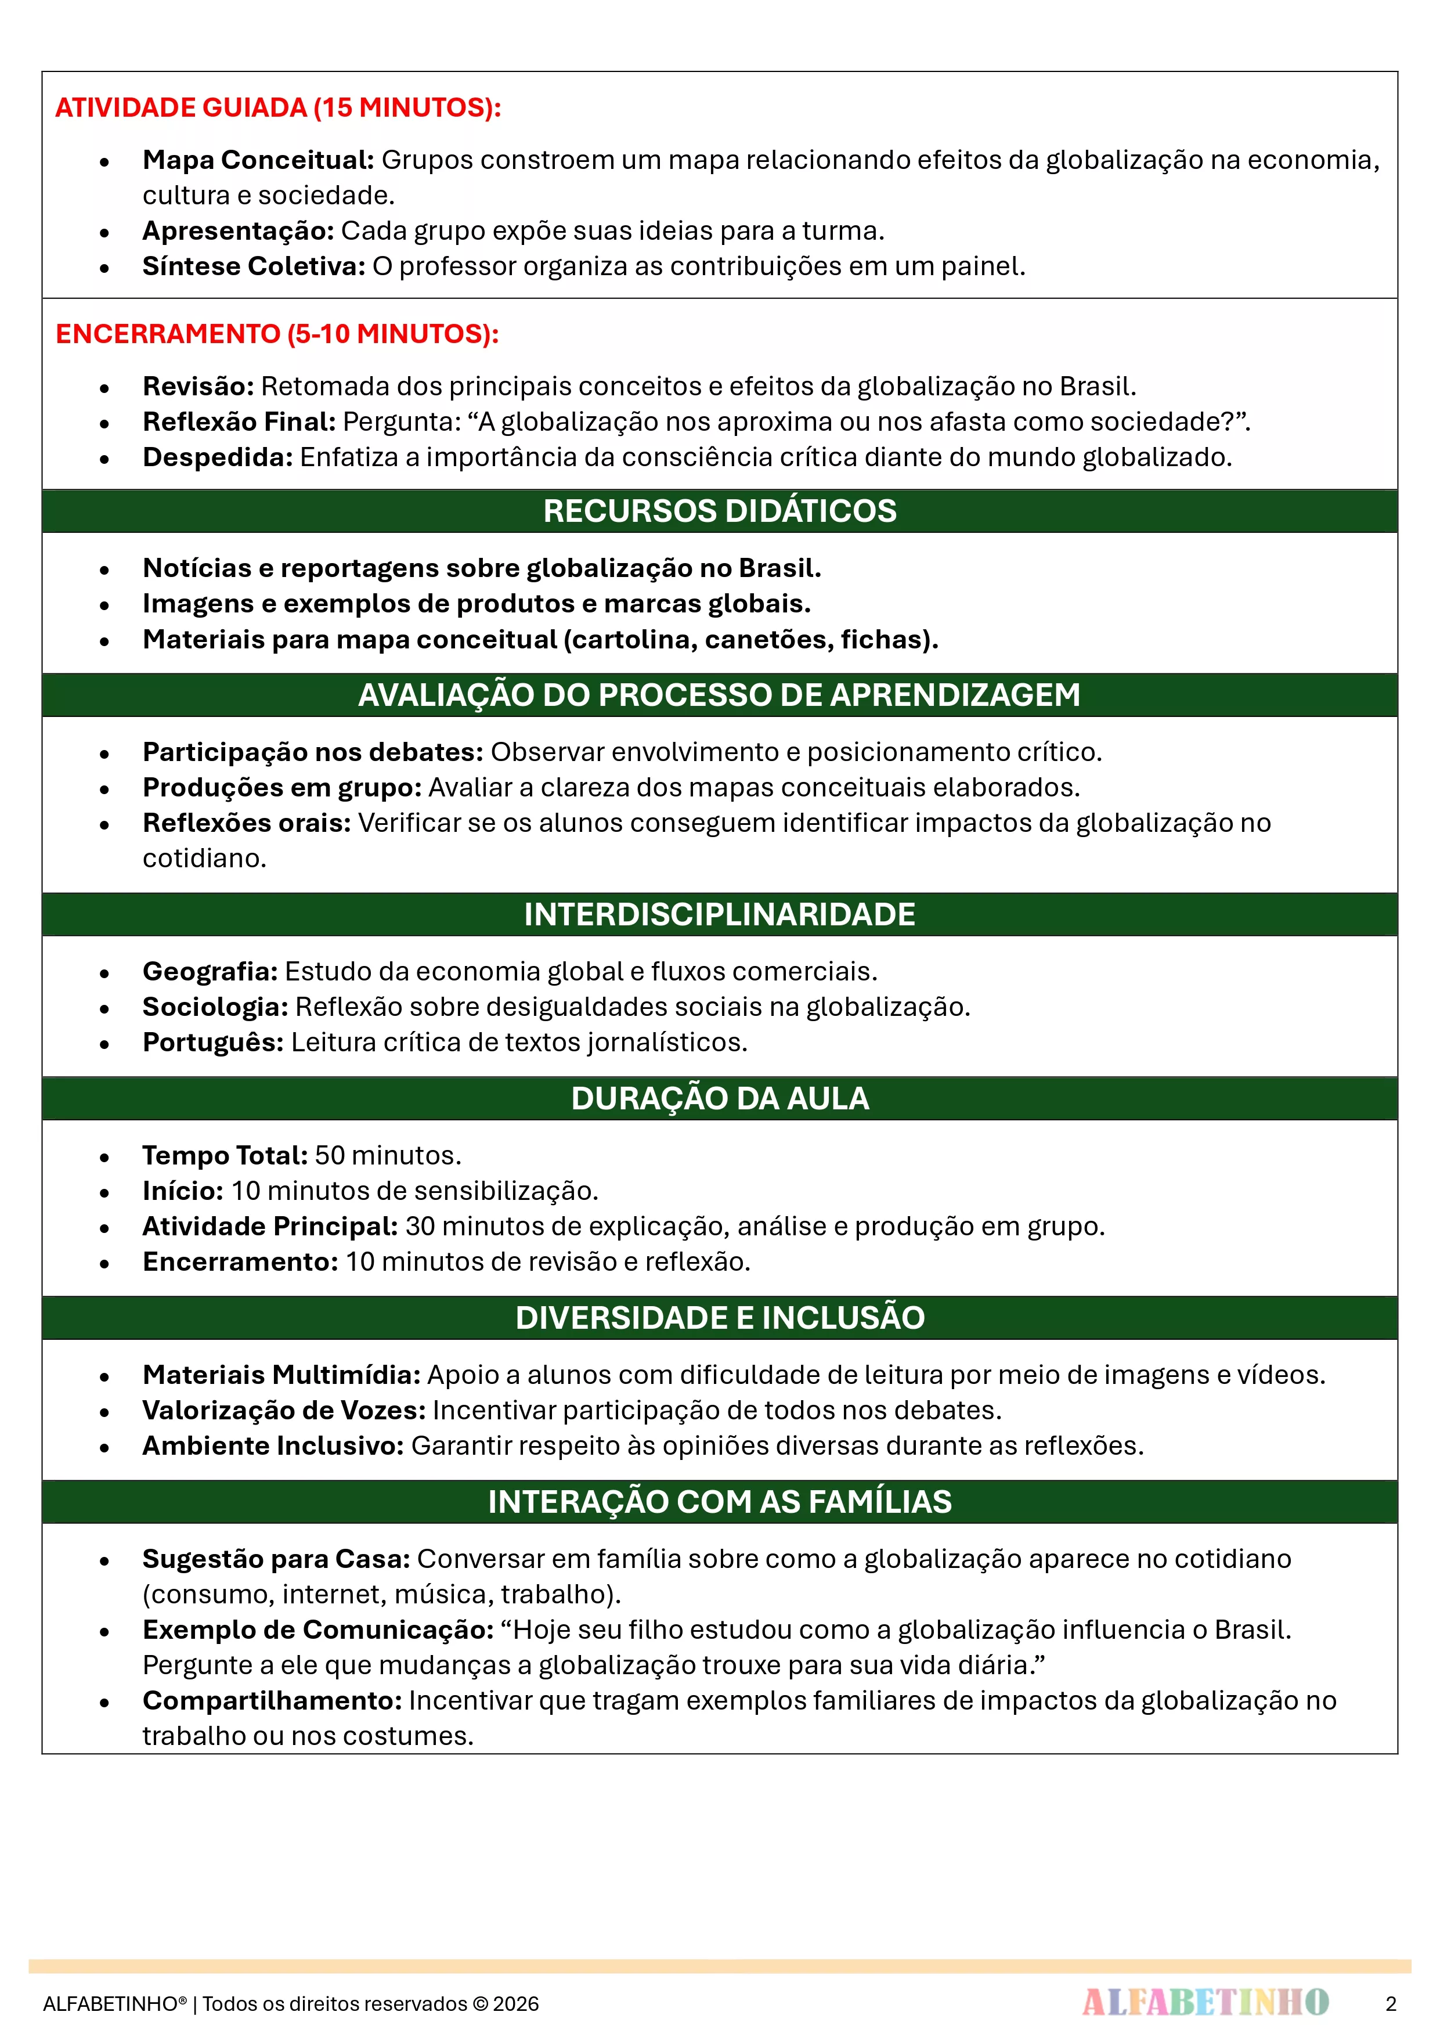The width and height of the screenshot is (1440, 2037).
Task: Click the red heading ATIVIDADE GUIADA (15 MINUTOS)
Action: click(277, 107)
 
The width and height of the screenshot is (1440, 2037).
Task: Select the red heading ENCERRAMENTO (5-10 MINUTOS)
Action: click(277, 334)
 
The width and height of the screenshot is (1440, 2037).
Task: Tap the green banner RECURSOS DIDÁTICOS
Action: click(720, 511)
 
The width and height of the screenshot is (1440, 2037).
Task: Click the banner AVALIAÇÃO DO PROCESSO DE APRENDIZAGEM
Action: click(720, 695)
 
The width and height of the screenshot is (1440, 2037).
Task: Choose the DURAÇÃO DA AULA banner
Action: click(720, 1098)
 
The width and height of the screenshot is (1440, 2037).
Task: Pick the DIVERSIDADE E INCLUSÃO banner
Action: click(720, 1318)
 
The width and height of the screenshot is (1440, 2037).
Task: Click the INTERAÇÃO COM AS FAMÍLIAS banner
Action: click(720, 1501)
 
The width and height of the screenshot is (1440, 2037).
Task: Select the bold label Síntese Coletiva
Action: click(254, 266)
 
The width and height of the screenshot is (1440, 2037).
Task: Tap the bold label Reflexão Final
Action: click(239, 421)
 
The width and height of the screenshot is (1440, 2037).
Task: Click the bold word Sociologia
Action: click(215, 1007)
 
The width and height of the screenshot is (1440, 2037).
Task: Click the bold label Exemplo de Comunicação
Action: click(317, 1630)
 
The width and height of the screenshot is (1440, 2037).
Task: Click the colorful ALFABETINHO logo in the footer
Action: click(1205, 2002)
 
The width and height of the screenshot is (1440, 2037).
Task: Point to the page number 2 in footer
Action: click(1390, 2003)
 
